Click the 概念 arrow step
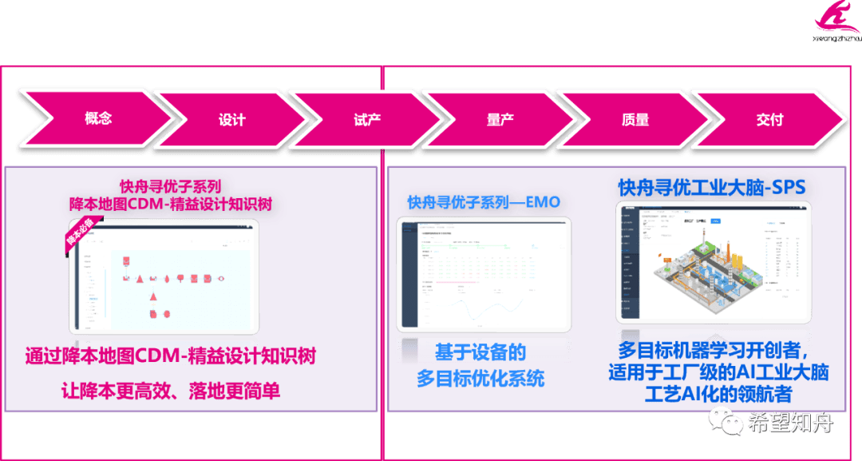97,119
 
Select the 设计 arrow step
232,120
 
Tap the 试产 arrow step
366,120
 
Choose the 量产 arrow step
500,120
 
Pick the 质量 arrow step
635,120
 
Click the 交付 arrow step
769,120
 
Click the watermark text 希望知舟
789,422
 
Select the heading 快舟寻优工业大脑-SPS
711,188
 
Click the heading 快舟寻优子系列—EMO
484,202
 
